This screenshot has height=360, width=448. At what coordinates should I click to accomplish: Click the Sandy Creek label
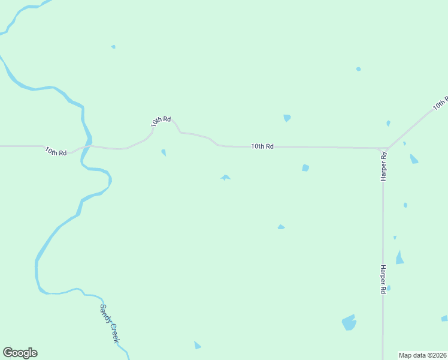point(110,324)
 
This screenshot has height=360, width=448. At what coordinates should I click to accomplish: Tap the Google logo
point(20,353)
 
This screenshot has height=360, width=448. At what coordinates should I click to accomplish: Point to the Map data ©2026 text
point(423,355)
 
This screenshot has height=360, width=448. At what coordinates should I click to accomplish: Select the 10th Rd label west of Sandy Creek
point(56,151)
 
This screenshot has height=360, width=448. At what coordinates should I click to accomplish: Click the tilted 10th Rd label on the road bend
point(161,121)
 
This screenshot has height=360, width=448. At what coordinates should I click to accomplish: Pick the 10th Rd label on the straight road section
point(262,146)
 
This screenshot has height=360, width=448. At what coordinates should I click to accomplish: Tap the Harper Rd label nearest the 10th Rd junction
point(384,166)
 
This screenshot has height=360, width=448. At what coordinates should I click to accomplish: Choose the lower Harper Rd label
point(382,279)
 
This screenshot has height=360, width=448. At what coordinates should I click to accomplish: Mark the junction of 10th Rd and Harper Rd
point(384,149)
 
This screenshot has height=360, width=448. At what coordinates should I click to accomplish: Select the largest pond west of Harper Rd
point(349,322)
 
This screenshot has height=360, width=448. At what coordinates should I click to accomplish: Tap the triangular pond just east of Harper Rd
point(399,258)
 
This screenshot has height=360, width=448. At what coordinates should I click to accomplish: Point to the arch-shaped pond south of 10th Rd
point(225,178)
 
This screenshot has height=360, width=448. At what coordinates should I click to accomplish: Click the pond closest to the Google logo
point(197,345)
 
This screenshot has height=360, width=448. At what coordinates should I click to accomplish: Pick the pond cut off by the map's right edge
point(444,318)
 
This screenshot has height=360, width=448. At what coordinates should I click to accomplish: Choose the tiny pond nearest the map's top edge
point(113,47)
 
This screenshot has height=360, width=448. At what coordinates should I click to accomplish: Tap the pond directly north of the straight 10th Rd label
point(287,118)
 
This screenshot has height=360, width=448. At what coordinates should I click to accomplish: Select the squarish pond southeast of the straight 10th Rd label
point(305,168)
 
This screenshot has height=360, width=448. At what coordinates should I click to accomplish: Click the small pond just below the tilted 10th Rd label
point(164,152)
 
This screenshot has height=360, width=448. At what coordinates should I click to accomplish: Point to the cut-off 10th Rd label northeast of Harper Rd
point(440,104)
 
